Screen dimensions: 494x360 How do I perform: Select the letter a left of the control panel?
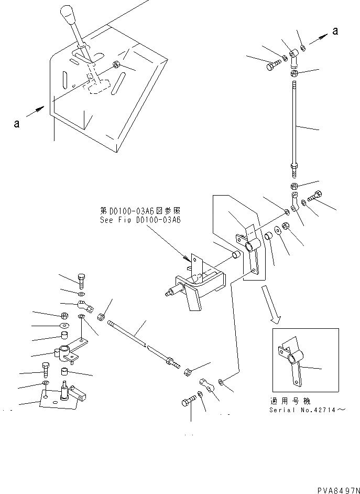17,124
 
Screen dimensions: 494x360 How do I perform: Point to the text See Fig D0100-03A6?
140,220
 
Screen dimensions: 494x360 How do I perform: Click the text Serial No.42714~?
308,410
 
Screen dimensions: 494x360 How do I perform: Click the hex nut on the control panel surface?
116,65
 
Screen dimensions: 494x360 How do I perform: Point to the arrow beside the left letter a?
37,114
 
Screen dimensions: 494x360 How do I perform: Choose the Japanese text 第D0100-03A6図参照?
140,210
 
